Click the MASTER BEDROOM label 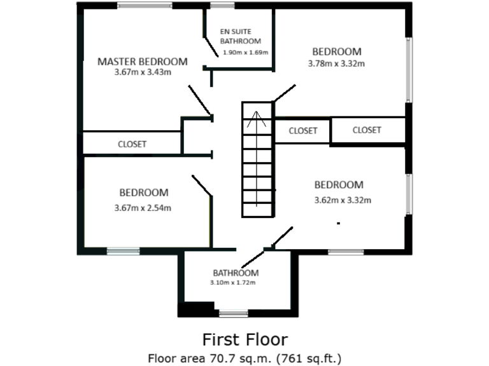pyautogui.click(x=142, y=62)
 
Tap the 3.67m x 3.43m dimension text pyautogui.click(x=142, y=72)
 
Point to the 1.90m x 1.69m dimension pyautogui.click(x=245, y=52)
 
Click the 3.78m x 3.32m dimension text pyautogui.click(x=336, y=63)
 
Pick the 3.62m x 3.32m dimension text pyautogui.click(x=343, y=200)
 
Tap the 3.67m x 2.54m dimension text pyautogui.click(x=143, y=207)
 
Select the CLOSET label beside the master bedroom pyautogui.click(x=132, y=144)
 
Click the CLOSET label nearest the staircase pyautogui.click(x=302, y=131)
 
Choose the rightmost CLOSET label pyautogui.click(x=366, y=130)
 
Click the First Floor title pyautogui.click(x=244, y=339)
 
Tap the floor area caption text pyautogui.click(x=244, y=357)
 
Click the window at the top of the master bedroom pyautogui.click(x=145, y=6)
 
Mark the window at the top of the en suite pyautogui.click(x=222, y=6)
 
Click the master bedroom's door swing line pyautogui.click(x=199, y=102)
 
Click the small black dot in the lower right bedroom pyautogui.click(x=338, y=223)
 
